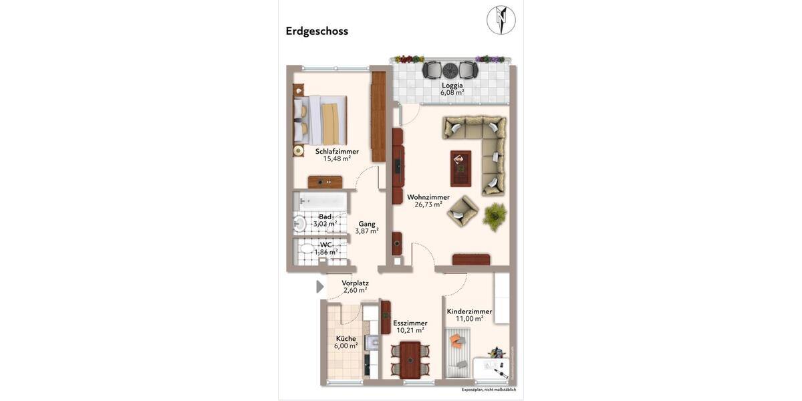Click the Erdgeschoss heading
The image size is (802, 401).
pos(317,31)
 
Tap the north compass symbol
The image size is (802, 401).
pos(501,20)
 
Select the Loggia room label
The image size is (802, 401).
pos(452,85)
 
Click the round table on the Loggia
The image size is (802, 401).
pos(450,70)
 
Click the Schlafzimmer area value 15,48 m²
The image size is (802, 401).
pos(337,159)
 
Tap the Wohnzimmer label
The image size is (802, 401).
pos(428,197)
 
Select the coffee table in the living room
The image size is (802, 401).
pos(460,168)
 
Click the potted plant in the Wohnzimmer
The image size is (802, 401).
pos(495,217)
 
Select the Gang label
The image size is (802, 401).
pos(366,224)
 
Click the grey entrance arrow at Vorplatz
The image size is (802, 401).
pos(319,287)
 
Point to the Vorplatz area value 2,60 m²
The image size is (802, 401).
pos(355,291)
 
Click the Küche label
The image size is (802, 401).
pos(346,338)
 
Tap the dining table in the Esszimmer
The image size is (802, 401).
pos(410,360)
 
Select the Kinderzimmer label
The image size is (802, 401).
pos(469,311)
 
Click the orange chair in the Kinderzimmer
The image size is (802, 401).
pos(457,342)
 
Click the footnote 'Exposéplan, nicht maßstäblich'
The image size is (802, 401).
pos(489,390)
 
